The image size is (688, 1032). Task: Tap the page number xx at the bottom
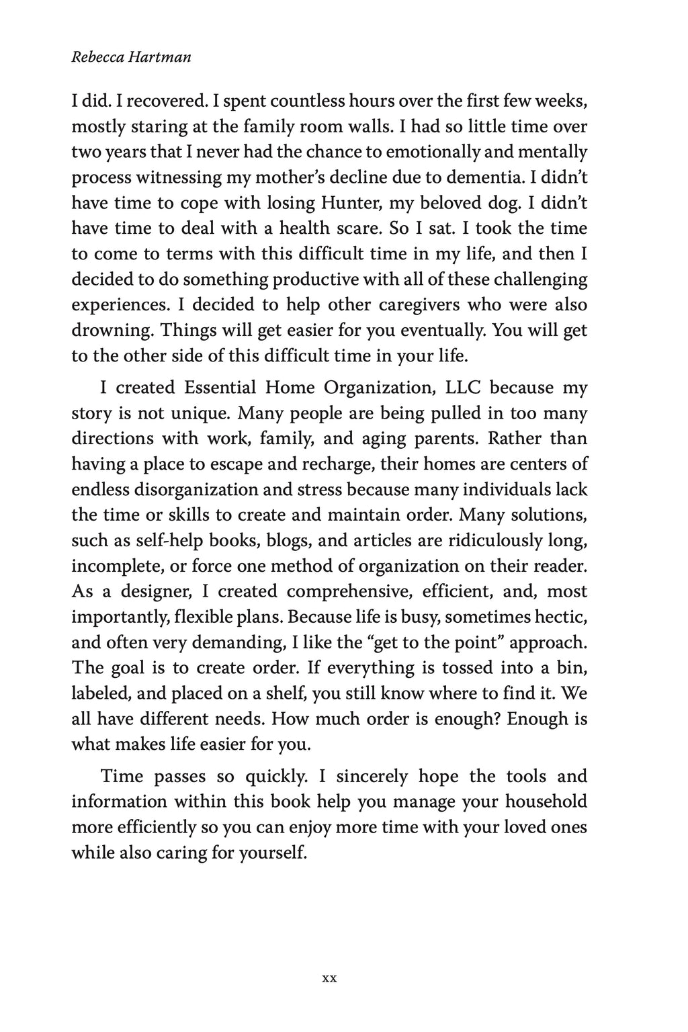[329, 978]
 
